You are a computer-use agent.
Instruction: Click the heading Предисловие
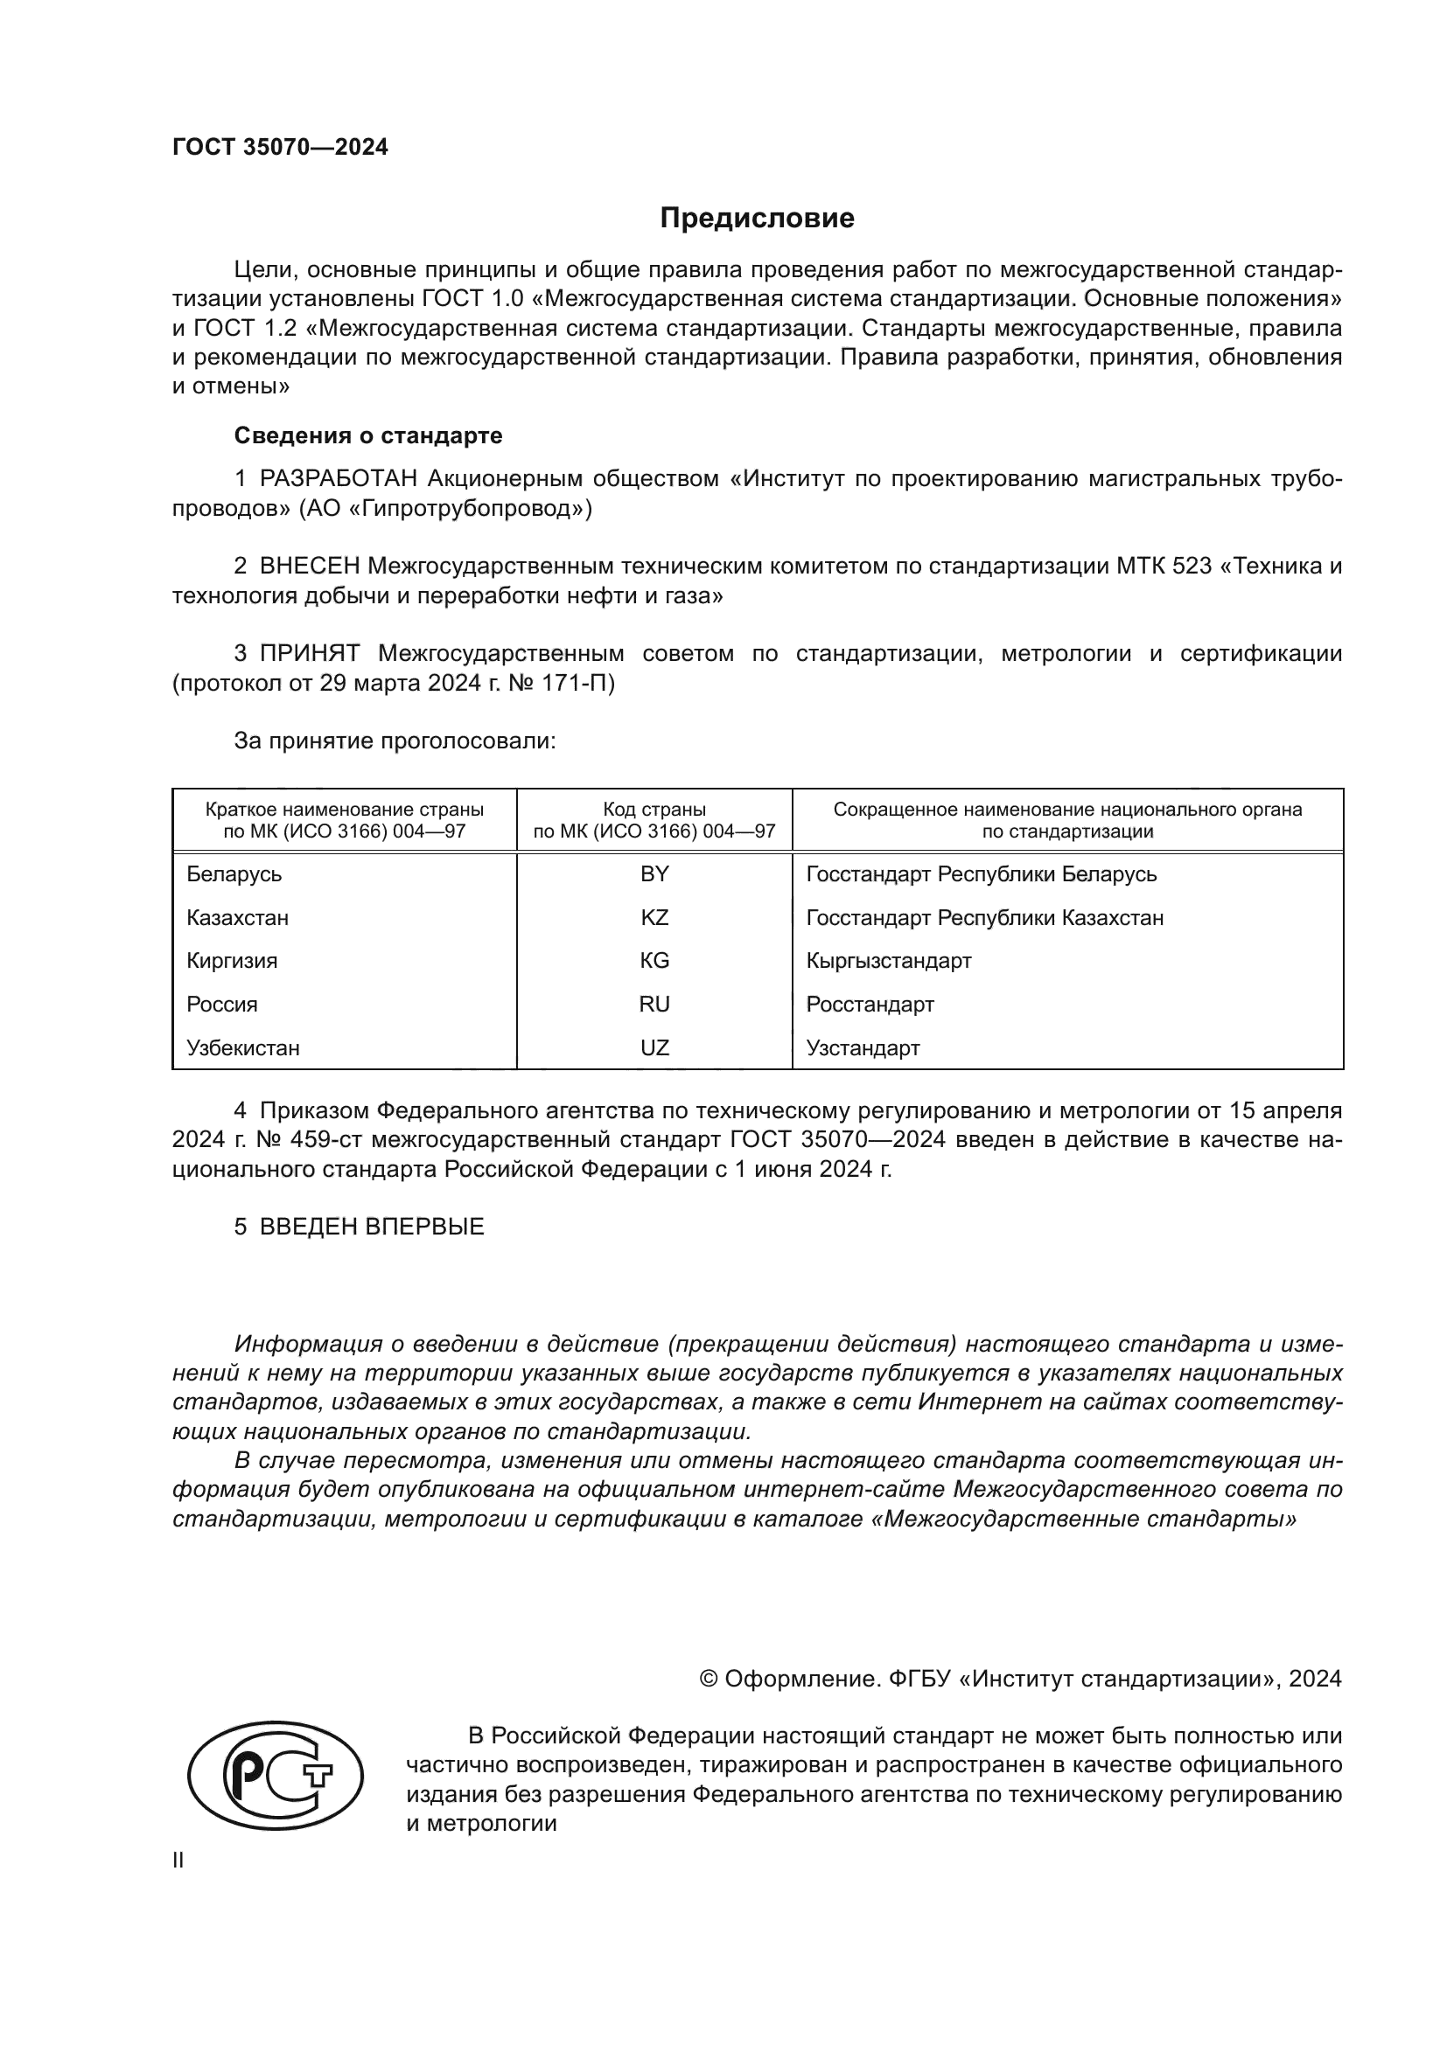757,219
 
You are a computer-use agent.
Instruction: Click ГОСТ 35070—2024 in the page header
280,148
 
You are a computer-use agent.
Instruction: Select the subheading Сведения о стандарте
368,435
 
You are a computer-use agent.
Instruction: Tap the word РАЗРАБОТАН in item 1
339,479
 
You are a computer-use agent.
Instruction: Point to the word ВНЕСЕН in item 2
309,567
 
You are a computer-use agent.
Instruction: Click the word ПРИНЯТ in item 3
309,654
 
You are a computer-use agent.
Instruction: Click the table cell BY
654,874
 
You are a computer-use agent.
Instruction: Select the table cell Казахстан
237,918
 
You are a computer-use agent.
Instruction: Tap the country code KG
654,961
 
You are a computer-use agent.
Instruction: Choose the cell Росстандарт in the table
870,1005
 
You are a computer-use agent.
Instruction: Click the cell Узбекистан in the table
242,1048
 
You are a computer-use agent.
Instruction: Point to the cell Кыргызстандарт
888,961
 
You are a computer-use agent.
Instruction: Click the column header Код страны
654,810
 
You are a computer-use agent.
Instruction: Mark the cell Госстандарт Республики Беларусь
981,874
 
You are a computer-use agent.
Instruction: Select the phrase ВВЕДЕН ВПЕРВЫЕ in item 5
372,1227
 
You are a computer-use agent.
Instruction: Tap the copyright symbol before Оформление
709,1679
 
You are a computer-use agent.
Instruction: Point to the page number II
178,1860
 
